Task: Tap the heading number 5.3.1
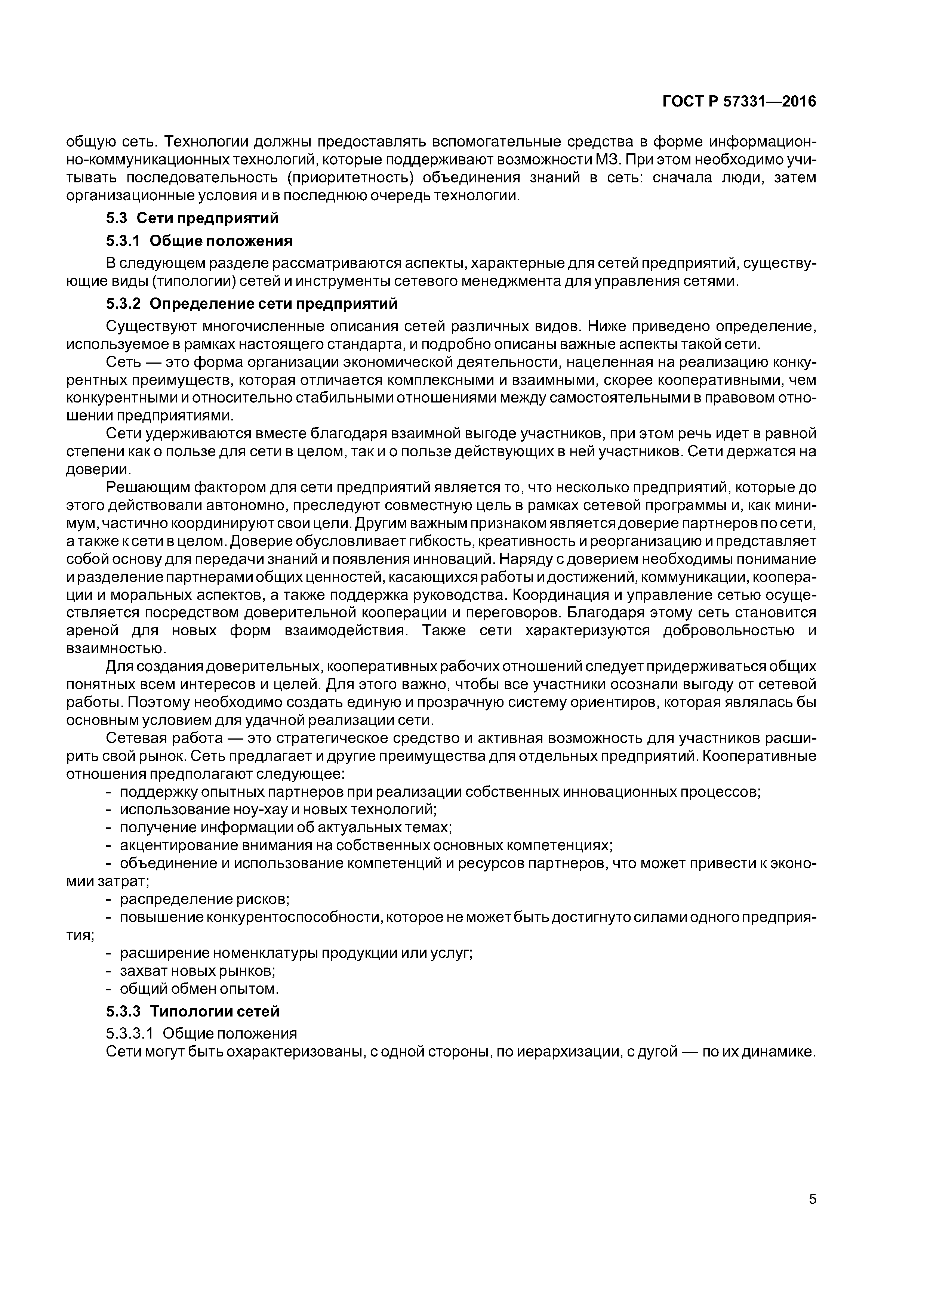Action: (x=123, y=241)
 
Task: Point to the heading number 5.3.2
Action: (x=123, y=304)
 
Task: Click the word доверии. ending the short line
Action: (x=99, y=469)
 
